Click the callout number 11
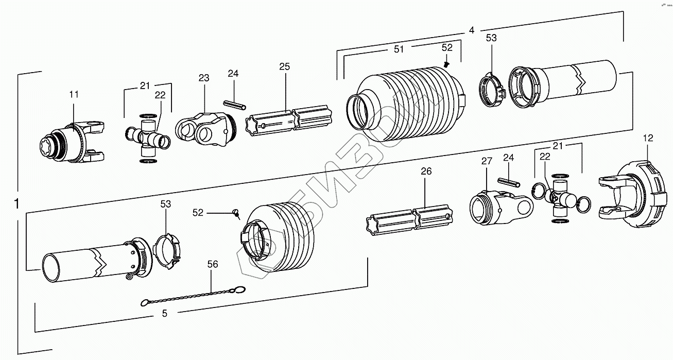tap(74, 95)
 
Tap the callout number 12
tap(648, 138)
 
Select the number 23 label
tap(204, 78)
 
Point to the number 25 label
tap(284, 67)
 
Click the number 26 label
tap(426, 172)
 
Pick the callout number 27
tap(487, 161)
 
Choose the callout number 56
tap(212, 264)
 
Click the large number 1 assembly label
tap(17, 203)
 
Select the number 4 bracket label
tap(471, 30)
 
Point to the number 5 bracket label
tap(165, 313)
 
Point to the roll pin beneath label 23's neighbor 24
tap(233, 105)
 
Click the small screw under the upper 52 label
tap(446, 64)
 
